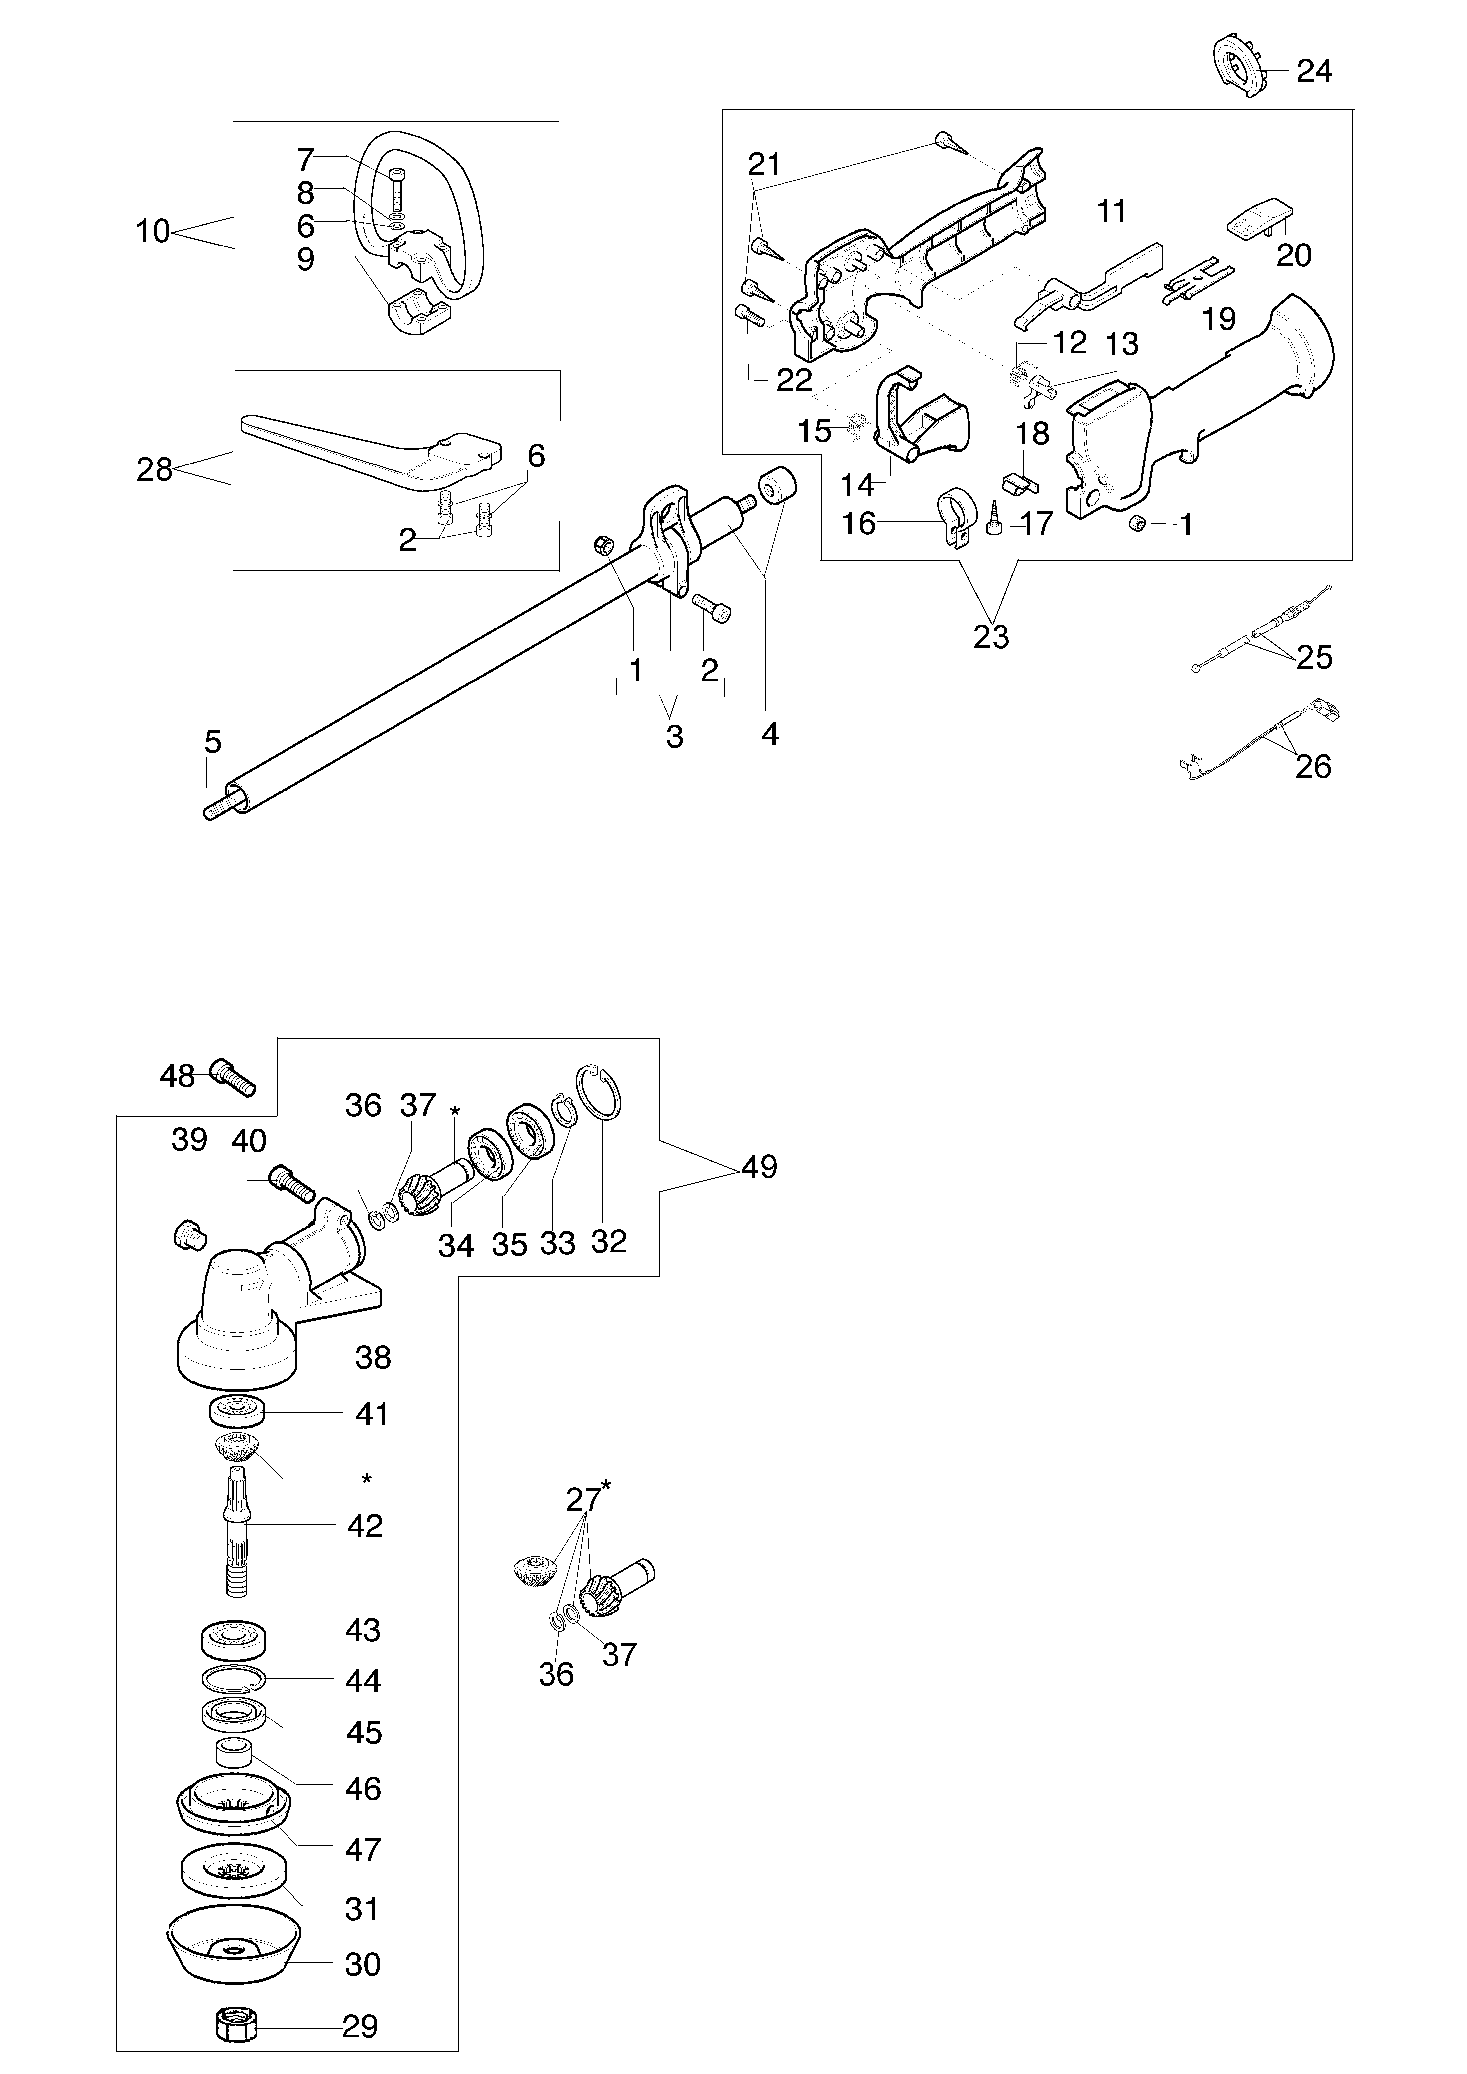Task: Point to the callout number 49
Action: click(759, 1167)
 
